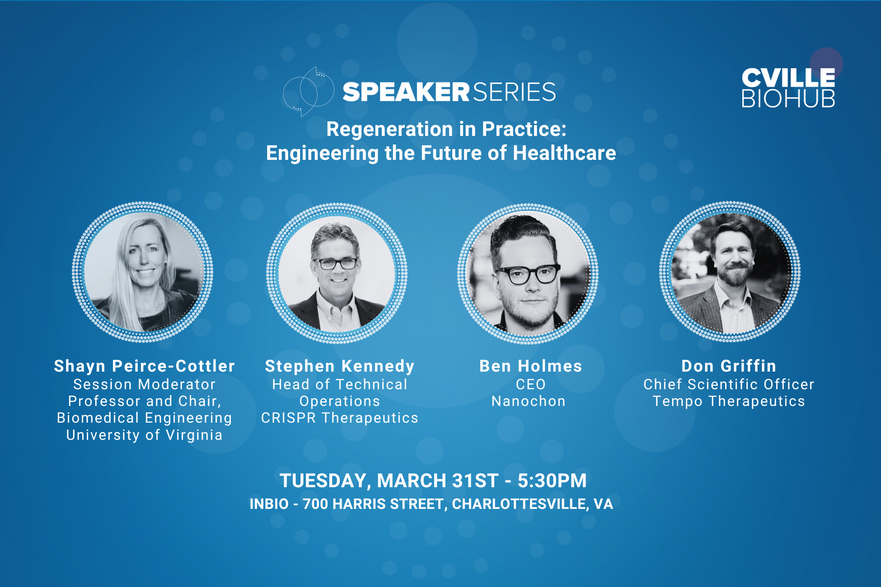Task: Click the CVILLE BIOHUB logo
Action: click(788, 88)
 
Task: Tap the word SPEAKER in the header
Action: click(406, 92)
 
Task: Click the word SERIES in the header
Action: click(514, 92)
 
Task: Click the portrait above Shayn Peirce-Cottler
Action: click(143, 272)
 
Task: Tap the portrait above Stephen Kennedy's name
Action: click(337, 274)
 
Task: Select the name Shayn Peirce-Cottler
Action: click(145, 366)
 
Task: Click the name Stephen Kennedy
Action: click(340, 366)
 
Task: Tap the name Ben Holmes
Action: click(531, 366)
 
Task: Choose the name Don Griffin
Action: click(729, 366)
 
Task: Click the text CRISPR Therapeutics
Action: click(340, 418)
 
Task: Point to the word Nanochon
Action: click(529, 401)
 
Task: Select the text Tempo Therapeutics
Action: click(729, 401)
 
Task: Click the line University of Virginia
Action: click(145, 435)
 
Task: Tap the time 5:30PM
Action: click(552, 480)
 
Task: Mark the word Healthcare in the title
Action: click(564, 153)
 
